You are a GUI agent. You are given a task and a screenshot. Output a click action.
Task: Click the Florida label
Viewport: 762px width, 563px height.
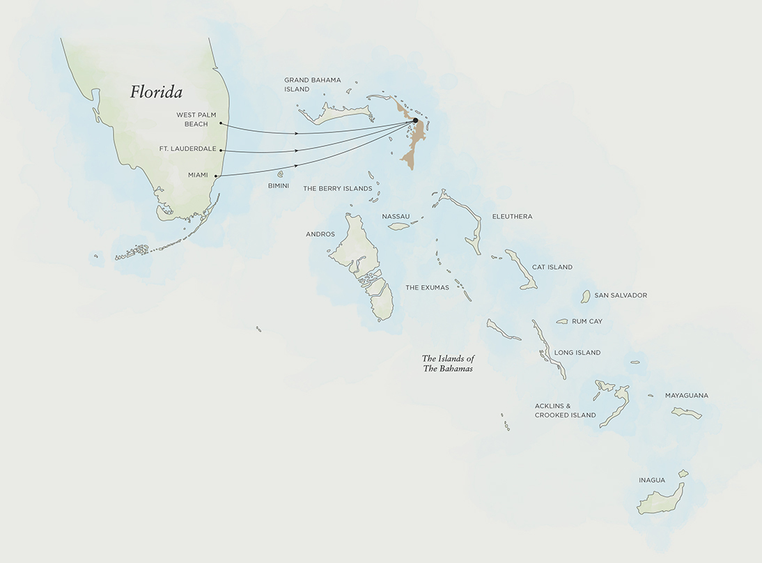[x=156, y=92]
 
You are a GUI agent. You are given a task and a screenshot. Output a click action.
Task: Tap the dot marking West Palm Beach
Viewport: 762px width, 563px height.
[x=221, y=123]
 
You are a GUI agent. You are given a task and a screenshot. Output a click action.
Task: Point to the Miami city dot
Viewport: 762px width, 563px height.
[x=216, y=176]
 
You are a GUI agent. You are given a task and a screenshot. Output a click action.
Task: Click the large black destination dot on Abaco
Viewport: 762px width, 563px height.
[x=415, y=121]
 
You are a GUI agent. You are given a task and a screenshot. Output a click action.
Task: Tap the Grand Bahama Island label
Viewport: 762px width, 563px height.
[x=312, y=84]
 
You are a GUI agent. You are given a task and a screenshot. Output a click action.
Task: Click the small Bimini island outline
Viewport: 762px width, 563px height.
[x=281, y=174]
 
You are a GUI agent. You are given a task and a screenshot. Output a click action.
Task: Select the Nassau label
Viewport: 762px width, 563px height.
[x=396, y=217]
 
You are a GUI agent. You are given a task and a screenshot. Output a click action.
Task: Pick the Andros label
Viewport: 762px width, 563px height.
[x=320, y=234]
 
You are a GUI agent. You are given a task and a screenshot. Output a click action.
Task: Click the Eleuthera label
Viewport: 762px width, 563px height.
[x=512, y=217]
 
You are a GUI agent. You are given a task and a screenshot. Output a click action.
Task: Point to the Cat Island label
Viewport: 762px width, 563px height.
[x=552, y=267]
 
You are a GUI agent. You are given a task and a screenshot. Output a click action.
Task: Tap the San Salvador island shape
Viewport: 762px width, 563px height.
[x=586, y=296]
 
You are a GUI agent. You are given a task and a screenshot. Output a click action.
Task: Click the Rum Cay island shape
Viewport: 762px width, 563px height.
[x=562, y=321]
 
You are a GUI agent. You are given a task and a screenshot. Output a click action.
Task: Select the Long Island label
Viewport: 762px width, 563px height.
[x=577, y=353]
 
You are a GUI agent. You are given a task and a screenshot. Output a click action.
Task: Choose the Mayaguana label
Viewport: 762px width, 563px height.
[x=686, y=396]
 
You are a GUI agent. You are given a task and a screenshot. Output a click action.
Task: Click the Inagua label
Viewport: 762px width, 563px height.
[x=652, y=480]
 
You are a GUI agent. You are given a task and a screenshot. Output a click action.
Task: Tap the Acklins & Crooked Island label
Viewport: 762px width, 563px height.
[x=565, y=410]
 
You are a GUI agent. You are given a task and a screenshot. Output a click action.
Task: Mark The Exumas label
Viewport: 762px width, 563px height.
[x=427, y=287]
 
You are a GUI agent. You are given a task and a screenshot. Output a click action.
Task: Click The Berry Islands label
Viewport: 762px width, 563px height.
[x=337, y=189]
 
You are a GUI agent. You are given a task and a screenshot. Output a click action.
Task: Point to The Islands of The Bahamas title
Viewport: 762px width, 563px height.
[x=448, y=363]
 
